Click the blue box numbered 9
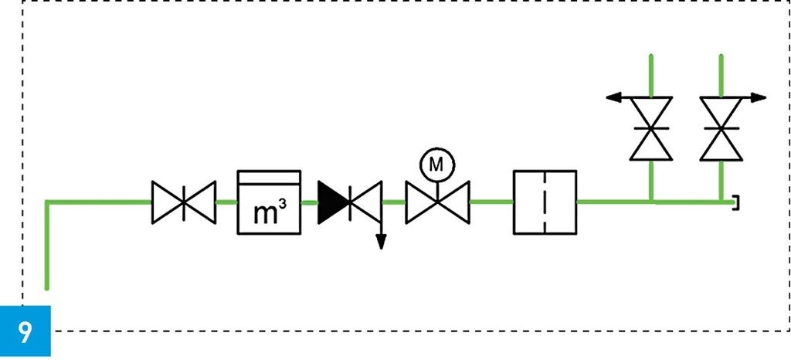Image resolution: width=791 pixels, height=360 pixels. tap(25, 331)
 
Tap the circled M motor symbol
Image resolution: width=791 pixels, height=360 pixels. tap(437, 164)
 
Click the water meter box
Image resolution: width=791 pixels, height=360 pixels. tap(268, 202)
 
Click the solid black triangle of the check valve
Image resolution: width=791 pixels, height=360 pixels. tap(334, 202)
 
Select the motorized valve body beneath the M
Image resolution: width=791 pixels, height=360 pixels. tap(438, 202)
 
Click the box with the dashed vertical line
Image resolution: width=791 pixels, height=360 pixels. tap(545, 202)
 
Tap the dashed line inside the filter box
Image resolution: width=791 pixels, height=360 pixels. tap(545, 202)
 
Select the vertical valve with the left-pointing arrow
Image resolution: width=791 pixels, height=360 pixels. tap(652, 128)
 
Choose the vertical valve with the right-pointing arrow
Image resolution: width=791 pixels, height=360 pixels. tap(721, 128)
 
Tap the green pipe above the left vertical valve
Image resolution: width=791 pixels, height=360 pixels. tap(652, 74)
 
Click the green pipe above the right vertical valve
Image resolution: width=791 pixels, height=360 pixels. tap(721, 74)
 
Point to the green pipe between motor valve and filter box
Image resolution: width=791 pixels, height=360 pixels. tap(491, 202)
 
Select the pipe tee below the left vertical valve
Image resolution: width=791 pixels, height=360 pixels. tap(652, 202)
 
